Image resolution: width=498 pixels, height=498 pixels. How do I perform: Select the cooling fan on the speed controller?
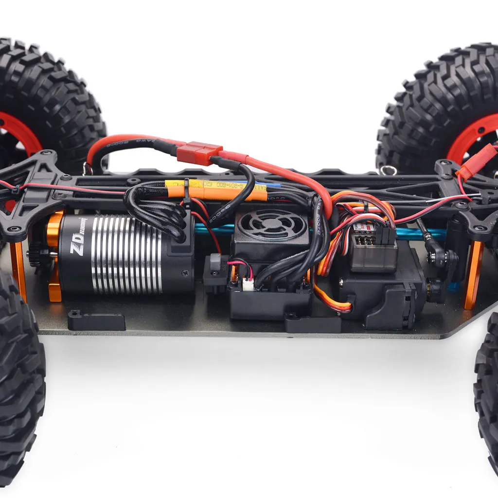pos(272,225)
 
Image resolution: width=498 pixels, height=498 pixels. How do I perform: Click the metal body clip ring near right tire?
pos(388,170)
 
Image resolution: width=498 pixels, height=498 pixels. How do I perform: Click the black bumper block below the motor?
pos(96,320)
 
